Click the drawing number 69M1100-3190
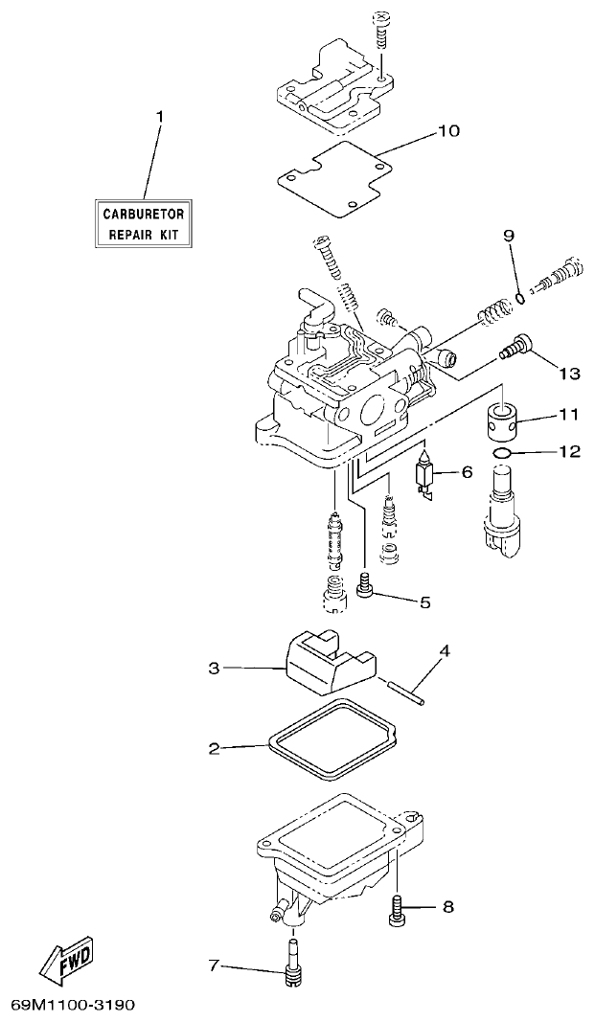point(72,1006)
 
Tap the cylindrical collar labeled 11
point(503,418)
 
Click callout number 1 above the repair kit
point(160,117)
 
